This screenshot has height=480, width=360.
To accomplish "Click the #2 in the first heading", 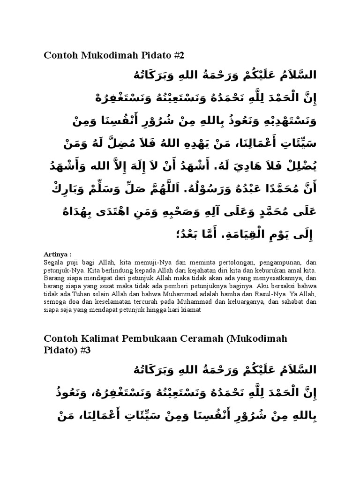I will tap(178, 55).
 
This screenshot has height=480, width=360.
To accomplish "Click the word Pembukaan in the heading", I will tap(147, 338).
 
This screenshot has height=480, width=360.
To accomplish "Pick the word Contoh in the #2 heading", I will tap(60, 55).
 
